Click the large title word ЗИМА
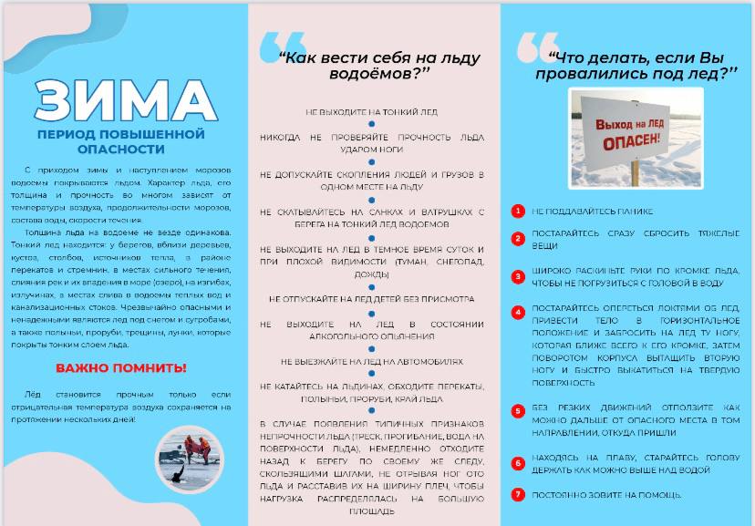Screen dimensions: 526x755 122,101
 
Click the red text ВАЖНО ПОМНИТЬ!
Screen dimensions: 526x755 121,368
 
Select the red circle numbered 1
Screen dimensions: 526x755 517,211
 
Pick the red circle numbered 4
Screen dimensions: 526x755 517,312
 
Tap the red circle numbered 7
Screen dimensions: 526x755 517,495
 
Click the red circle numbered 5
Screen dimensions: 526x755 517,411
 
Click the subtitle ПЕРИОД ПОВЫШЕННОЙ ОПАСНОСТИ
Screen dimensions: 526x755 121,140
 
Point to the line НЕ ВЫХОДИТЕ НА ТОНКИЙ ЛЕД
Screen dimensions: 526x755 371,112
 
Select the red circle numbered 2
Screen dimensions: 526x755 517,239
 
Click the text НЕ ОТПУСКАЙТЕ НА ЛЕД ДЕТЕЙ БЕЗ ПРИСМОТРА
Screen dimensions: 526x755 371,298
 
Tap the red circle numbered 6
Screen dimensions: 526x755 517,463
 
